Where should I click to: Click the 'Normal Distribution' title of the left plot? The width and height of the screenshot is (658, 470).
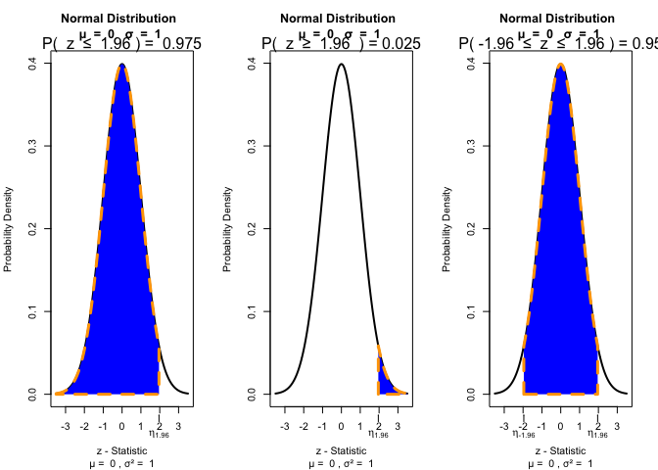pos(118,19)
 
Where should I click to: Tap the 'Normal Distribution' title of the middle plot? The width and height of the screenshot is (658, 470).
pos(338,19)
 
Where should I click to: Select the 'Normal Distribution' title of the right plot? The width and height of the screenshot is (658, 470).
pos(557,19)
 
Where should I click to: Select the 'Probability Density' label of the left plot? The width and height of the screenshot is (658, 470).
pos(11,228)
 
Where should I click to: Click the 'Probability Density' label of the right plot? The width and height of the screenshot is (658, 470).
pos(449,228)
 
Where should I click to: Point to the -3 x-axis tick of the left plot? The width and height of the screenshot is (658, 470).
pos(66,427)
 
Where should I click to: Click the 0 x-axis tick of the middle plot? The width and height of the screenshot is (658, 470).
pos(341,427)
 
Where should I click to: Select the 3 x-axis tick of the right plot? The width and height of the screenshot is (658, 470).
pos(617,427)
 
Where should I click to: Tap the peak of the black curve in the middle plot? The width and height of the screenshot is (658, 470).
pos(341,65)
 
